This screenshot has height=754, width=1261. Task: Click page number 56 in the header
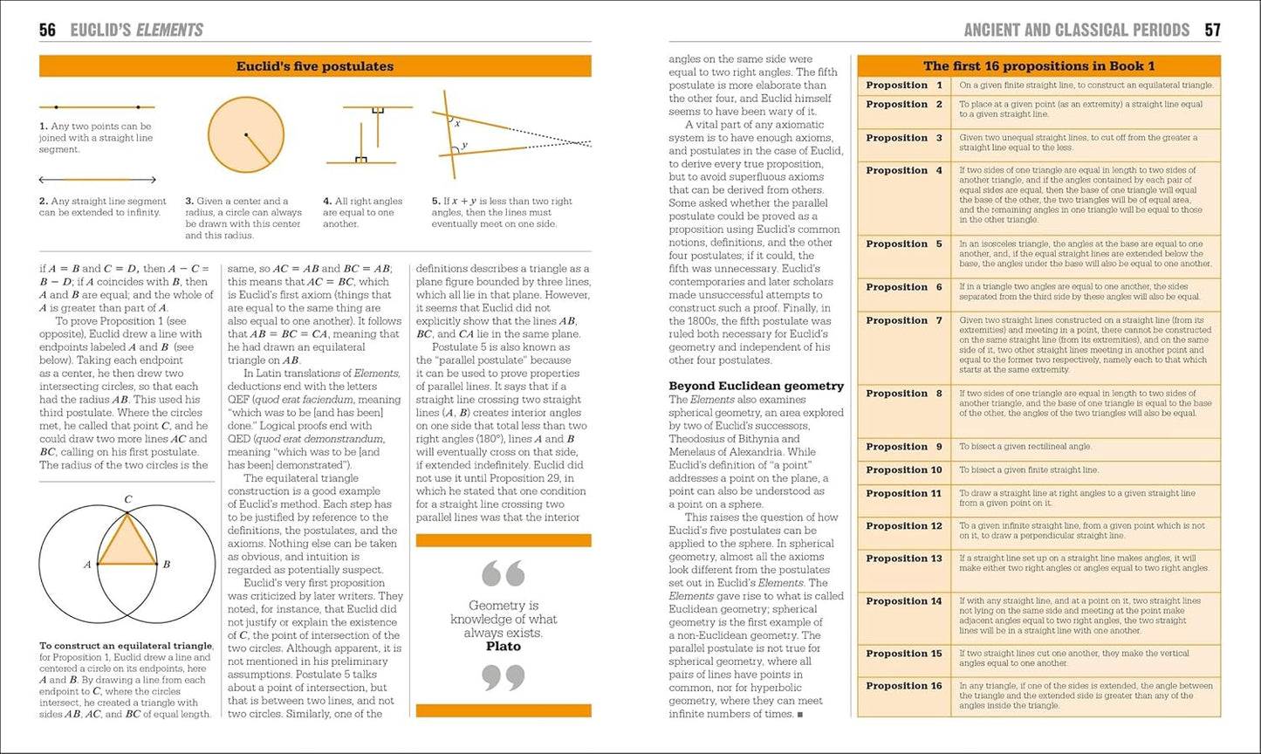(x=47, y=31)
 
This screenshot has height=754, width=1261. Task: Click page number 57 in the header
(x=1212, y=31)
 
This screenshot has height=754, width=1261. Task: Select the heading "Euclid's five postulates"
(x=315, y=66)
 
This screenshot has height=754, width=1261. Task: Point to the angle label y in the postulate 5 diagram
(x=464, y=145)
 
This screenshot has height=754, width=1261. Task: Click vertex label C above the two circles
(x=127, y=500)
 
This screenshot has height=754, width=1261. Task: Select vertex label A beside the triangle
(x=87, y=565)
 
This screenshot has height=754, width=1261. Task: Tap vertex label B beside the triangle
(x=167, y=565)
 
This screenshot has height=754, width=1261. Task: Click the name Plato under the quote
(x=503, y=647)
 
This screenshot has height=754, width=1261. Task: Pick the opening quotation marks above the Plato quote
(x=504, y=573)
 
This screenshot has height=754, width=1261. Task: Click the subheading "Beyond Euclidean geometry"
(x=756, y=386)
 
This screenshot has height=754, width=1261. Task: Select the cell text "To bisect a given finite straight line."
(x=1029, y=470)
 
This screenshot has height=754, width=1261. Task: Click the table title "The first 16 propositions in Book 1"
(x=1038, y=66)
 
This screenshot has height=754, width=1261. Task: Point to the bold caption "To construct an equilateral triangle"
(x=126, y=646)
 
